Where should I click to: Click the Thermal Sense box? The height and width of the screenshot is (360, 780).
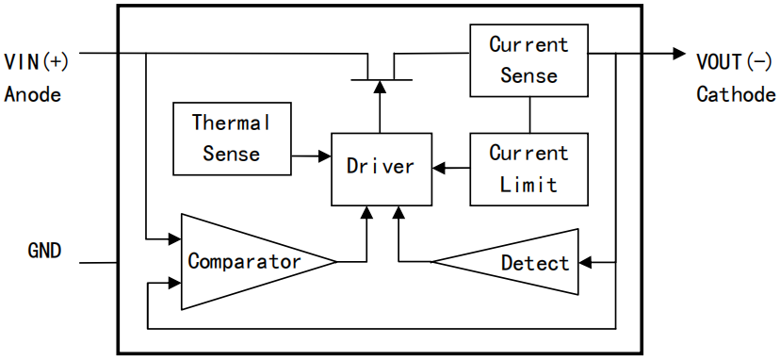[232, 139]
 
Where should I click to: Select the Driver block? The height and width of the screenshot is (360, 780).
[381, 169]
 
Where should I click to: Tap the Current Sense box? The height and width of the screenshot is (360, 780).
[529, 59]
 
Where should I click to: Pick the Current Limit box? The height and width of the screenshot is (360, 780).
[529, 169]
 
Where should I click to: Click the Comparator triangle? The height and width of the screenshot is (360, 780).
[249, 262]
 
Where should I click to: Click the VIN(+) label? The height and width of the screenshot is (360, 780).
[36, 63]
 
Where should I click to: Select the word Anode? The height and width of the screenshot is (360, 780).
[33, 94]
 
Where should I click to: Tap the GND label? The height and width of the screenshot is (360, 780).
[44, 251]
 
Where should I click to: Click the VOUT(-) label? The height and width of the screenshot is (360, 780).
[733, 63]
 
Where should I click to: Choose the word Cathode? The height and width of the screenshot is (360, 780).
[736, 94]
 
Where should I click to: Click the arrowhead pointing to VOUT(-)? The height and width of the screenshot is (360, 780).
[679, 54]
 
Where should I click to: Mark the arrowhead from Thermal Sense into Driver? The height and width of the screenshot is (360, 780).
[325, 156]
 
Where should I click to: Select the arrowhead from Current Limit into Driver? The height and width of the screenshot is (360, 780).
[438, 169]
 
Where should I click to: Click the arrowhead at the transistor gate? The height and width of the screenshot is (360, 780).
[380, 87]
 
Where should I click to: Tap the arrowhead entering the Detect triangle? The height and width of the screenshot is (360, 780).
[585, 262]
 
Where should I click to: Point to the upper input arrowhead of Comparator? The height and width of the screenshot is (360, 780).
[174, 239]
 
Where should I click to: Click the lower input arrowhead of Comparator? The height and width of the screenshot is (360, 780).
[174, 284]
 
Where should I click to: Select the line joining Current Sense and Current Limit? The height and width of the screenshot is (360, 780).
[529, 115]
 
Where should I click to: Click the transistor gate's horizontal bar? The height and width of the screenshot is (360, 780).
[381, 80]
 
